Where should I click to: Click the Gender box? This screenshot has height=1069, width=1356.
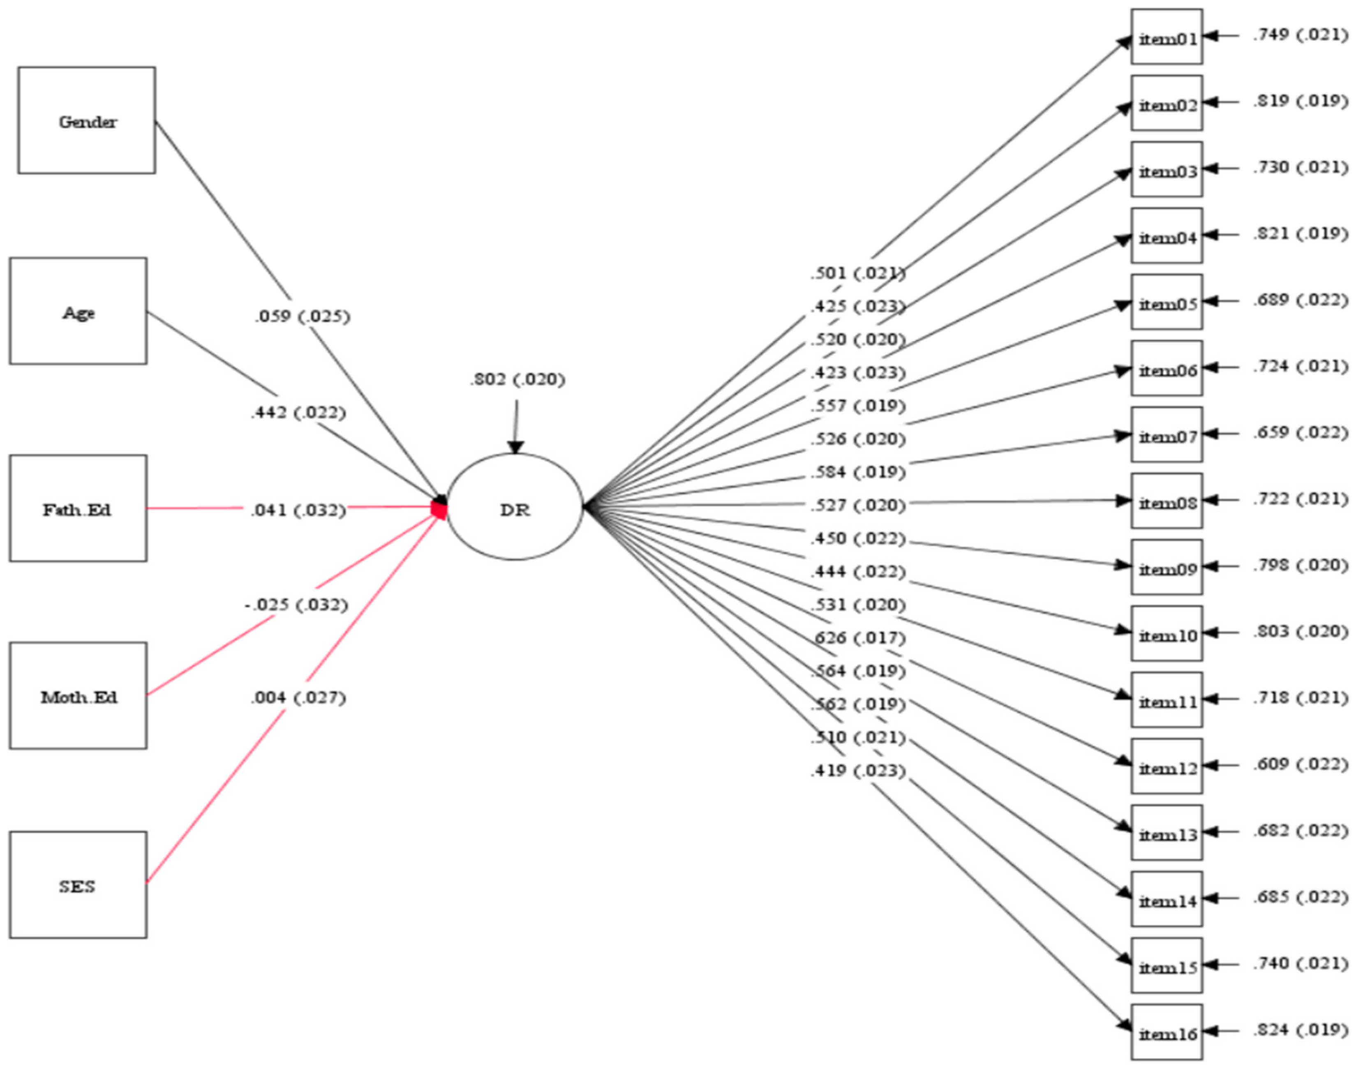click(86, 121)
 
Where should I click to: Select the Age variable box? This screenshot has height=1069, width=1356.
click(78, 311)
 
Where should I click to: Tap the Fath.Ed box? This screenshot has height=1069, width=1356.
click(78, 508)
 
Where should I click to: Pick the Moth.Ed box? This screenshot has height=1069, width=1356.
click(78, 695)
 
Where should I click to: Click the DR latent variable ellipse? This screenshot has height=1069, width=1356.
click(515, 507)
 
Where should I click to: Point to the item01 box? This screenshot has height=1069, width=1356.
click(1167, 37)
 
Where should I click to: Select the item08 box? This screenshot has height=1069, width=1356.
click(1167, 501)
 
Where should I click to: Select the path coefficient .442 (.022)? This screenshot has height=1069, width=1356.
click(298, 413)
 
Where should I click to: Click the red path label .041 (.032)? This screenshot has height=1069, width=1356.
click(298, 510)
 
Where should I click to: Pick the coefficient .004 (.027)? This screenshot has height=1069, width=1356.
click(298, 697)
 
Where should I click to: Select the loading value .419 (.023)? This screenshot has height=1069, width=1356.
click(858, 771)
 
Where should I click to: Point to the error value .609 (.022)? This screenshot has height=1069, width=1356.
click(1300, 764)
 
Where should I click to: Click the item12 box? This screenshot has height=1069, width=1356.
click(1167, 766)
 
